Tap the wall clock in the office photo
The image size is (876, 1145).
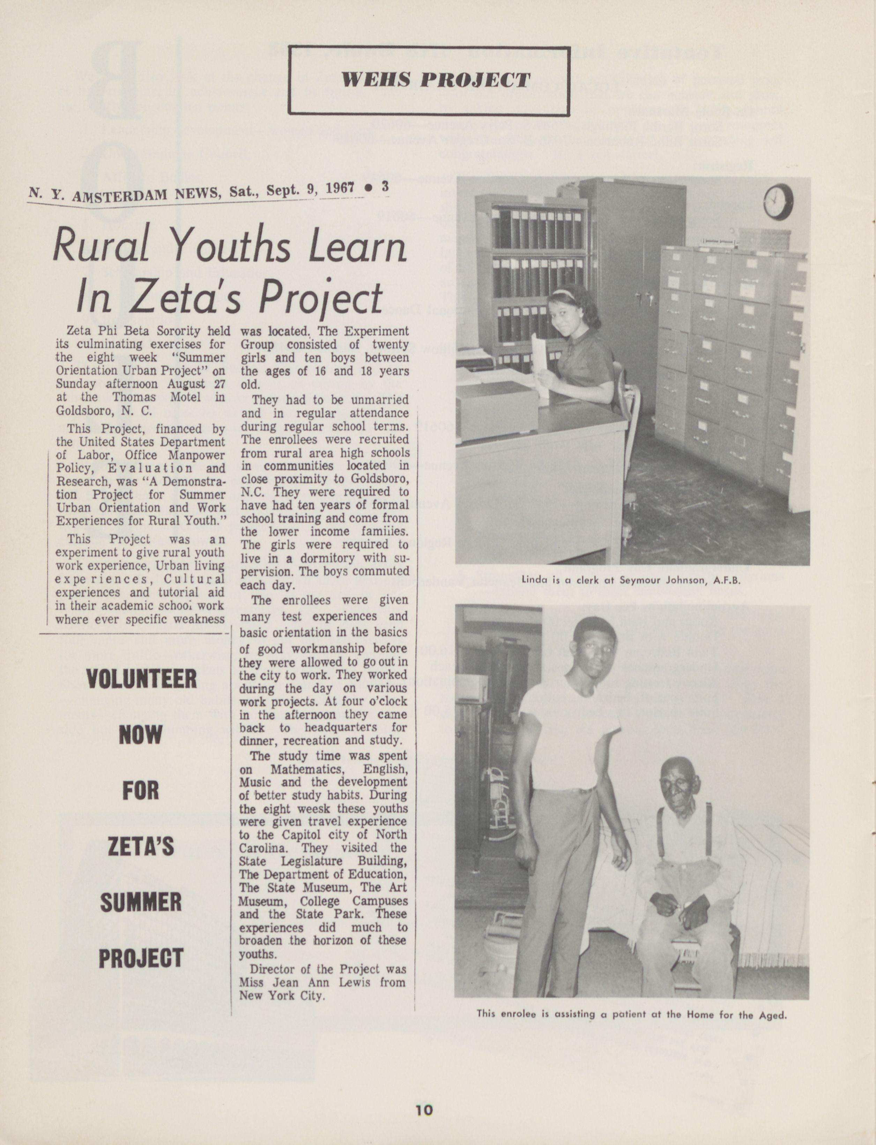tap(778, 201)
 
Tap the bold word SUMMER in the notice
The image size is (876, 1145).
tap(141, 902)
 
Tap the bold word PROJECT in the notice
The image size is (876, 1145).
tap(141, 958)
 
